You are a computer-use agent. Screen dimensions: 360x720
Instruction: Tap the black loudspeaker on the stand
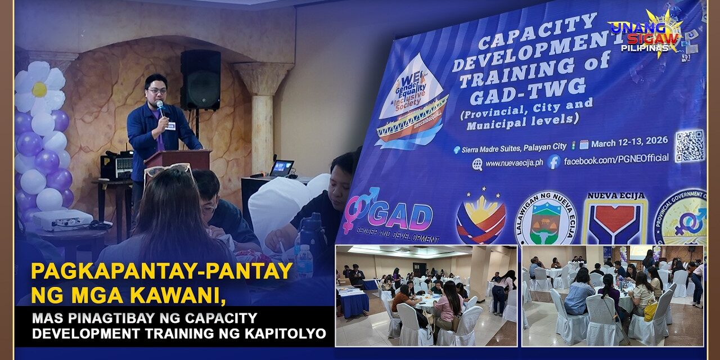click(x=200, y=79)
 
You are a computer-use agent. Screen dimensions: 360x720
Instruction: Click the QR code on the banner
click(x=689, y=146)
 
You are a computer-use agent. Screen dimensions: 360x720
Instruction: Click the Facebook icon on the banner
click(x=553, y=163)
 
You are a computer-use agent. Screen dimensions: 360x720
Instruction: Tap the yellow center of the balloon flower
click(x=39, y=89)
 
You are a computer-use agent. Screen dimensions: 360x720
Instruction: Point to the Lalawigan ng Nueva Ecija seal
click(x=545, y=219)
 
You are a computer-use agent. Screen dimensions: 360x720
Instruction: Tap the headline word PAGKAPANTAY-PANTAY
click(x=162, y=272)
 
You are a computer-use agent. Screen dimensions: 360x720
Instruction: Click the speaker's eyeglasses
click(x=157, y=90)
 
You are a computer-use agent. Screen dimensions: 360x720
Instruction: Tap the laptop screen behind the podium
click(x=282, y=168)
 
